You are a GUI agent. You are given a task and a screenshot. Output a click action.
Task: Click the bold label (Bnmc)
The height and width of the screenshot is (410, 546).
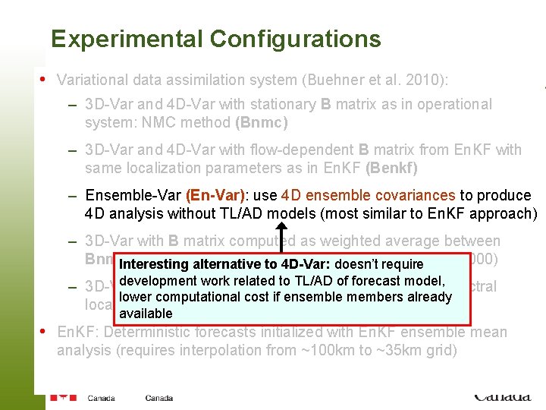262,122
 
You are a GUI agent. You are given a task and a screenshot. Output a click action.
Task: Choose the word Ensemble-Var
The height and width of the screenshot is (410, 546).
132,195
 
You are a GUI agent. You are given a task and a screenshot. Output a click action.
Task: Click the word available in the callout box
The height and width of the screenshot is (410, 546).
146,314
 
